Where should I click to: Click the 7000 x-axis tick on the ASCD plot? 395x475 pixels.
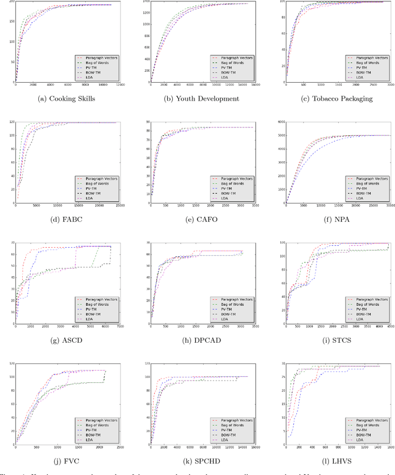(x=120, y=327)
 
